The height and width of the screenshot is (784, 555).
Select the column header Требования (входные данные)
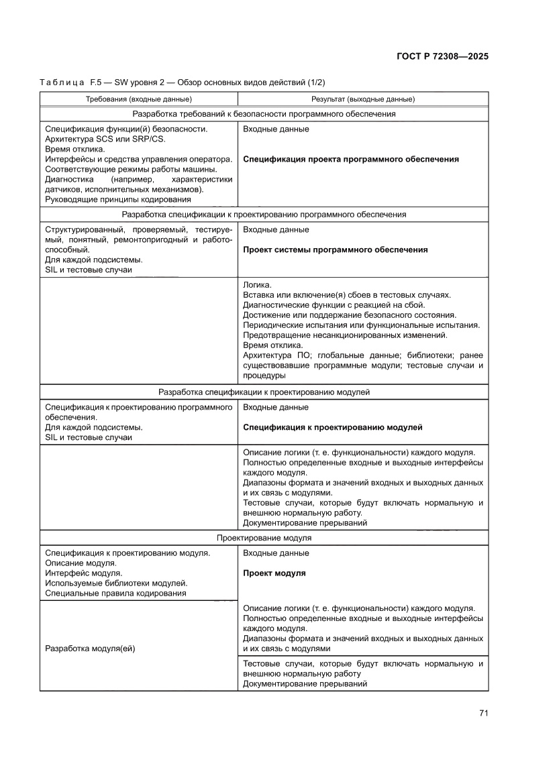pyautogui.click(x=138, y=99)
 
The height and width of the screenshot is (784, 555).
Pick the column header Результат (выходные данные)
pyautogui.click(x=362, y=99)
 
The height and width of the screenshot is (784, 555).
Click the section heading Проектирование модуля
pyautogui.click(x=264, y=538)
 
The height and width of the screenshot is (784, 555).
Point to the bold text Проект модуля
pyautogui.click(x=274, y=573)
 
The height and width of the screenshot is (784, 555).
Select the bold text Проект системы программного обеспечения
pyautogui.click(x=335, y=249)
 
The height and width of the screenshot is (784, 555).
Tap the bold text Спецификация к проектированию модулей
pyautogui.click(x=332, y=427)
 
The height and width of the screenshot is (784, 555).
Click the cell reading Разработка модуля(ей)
pyautogui.click(x=90, y=649)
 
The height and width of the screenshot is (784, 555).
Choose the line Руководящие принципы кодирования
pyautogui.click(x=117, y=199)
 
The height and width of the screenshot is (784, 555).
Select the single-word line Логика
pyautogui.click(x=257, y=285)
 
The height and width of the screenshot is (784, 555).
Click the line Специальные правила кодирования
pyautogui.click(x=115, y=594)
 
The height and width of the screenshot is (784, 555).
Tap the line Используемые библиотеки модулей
pyautogui.click(x=115, y=583)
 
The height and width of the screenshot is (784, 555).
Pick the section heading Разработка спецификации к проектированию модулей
pyautogui.click(x=264, y=392)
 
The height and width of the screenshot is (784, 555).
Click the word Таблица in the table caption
pyautogui.click(x=62, y=82)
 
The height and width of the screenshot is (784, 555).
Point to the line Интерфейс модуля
pyautogui.click(x=83, y=573)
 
